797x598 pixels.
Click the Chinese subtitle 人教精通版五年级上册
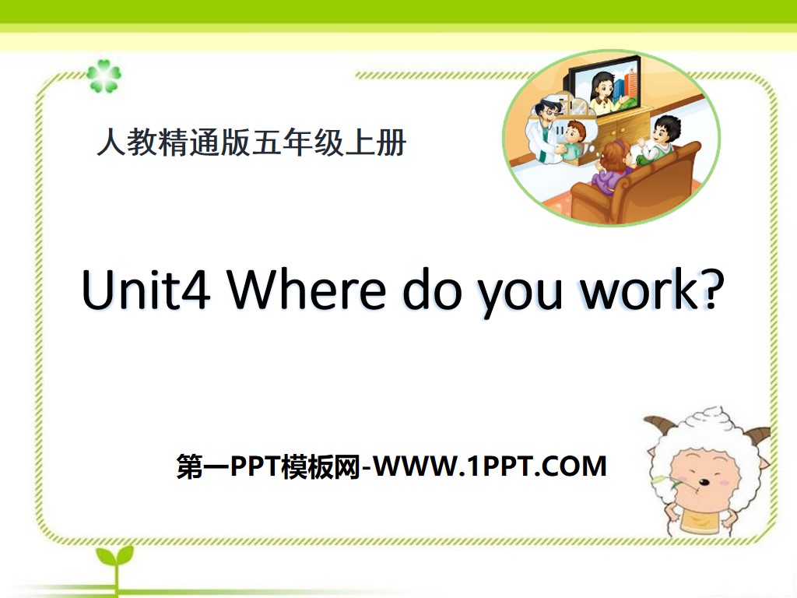point(251,144)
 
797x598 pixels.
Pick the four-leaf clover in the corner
point(103,76)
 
